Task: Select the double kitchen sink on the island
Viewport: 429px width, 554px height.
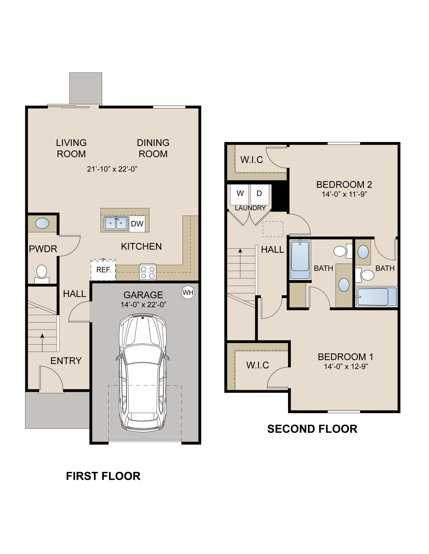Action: pos(116,223)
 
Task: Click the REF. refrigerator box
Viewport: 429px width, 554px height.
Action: pos(103,270)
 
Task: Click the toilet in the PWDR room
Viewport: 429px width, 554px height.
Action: pos(42,274)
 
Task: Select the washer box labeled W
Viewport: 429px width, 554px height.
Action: pos(240,195)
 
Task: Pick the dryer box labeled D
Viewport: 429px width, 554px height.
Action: pos(259,195)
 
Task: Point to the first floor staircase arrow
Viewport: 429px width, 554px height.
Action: pos(42,342)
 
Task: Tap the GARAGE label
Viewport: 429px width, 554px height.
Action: pos(143,295)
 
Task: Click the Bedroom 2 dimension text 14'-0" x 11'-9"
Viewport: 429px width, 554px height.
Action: pos(344,194)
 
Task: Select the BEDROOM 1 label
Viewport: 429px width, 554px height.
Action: pos(345,357)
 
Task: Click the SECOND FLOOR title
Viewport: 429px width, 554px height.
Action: pos(312,429)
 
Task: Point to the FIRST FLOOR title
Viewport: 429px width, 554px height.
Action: pos(103,476)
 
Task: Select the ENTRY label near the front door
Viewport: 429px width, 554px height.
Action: pos(66,361)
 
